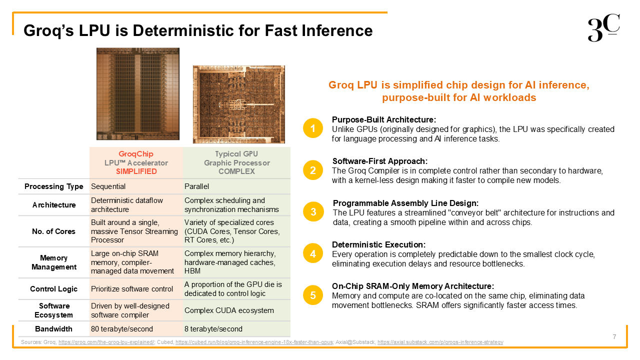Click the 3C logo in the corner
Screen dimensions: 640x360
tap(603, 27)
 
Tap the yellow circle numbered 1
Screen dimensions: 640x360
tap(313, 128)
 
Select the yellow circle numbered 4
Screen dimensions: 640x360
tap(313, 253)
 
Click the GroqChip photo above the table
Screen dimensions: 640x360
tap(137, 93)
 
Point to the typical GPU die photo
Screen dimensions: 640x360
tap(239, 104)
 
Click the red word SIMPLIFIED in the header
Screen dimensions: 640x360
tap(136, 171)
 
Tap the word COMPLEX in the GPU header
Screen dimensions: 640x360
tap(236, 171)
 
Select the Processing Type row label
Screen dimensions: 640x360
tap(53, 186)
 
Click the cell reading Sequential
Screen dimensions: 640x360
tap(108, 186)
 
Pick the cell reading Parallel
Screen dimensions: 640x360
tap(196, 186)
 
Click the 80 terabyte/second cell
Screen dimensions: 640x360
tap(122, 329)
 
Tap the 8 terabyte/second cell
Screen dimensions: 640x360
tap(213, 329)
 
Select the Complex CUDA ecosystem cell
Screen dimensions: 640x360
tap(229, 310)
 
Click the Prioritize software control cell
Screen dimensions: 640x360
tap(132, 289)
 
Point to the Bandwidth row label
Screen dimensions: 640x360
tap(53, 329)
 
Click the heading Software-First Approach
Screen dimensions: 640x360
tap(380, 161)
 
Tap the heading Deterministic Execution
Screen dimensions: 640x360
tap(379, 244)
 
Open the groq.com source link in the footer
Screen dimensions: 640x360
tap(106, 342)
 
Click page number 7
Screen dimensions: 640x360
tap(614, 337)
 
